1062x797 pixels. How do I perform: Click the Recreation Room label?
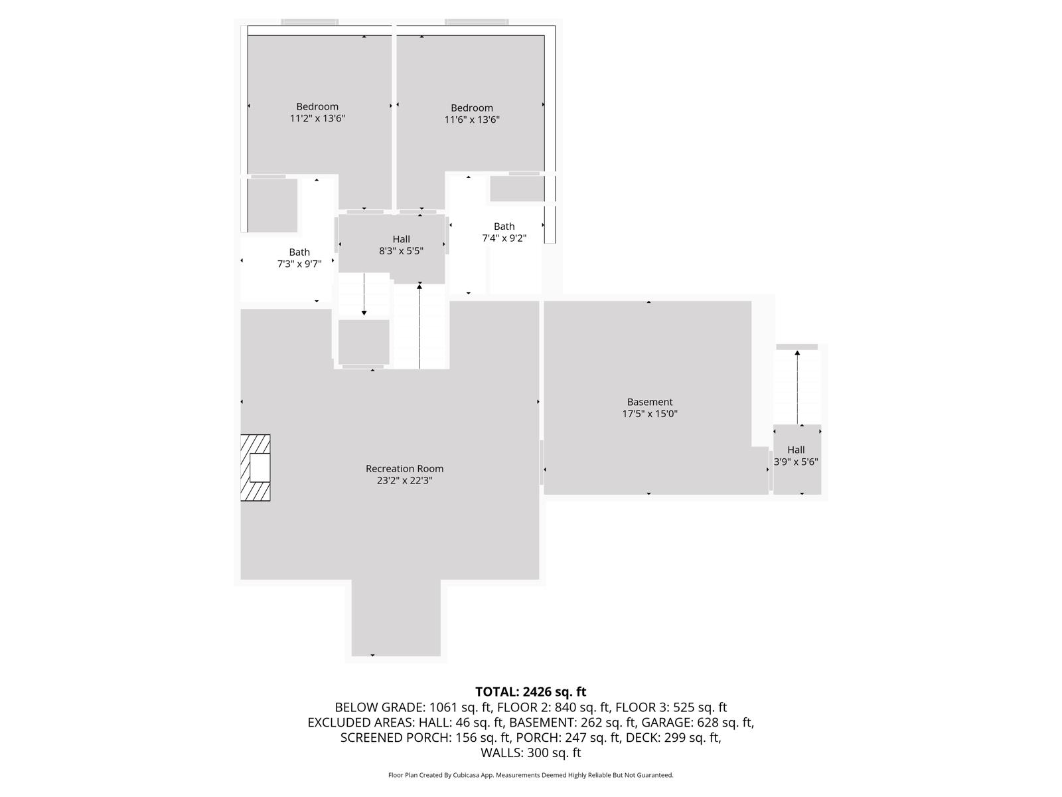(404, 469)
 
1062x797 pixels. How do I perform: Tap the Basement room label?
(649, 402)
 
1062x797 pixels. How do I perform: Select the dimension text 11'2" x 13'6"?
(317, 119)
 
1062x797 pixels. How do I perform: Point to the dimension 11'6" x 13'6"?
(472, 120)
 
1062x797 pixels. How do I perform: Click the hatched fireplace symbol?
(256, 468)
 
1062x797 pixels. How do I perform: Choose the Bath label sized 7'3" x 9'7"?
(299, 252)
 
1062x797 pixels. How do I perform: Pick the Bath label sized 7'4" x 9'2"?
(504, 226)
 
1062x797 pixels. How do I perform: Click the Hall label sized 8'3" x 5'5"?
(401, 239)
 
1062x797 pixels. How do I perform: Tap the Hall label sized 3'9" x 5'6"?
(796, 450)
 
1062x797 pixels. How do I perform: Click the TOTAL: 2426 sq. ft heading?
(530, 692)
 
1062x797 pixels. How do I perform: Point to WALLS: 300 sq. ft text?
(530, 753)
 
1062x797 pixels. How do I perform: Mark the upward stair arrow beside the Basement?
(797, 385)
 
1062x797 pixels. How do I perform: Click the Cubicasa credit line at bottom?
(530, 775)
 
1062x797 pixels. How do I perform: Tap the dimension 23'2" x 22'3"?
(404, 481)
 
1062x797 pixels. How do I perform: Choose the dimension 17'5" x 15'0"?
(649, 414)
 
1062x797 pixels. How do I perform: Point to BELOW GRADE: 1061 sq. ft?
(412, 707)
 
